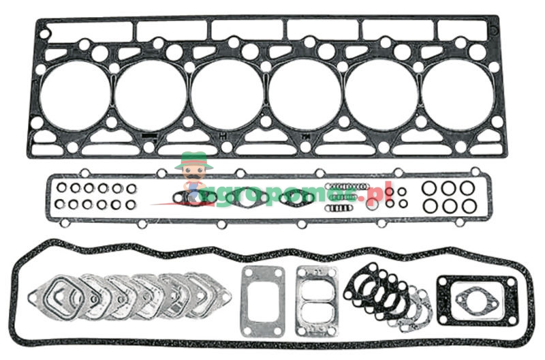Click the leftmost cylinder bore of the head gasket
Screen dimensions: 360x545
[x=74, y=95]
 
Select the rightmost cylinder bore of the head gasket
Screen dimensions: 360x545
[x=457, y=95]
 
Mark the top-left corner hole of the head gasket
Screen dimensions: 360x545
[x=45, y=32]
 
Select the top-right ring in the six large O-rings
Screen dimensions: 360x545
[x=467, y=187]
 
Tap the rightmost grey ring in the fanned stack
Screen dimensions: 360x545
[x=420, y=304]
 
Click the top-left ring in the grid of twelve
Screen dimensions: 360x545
[x=61, y=188]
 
